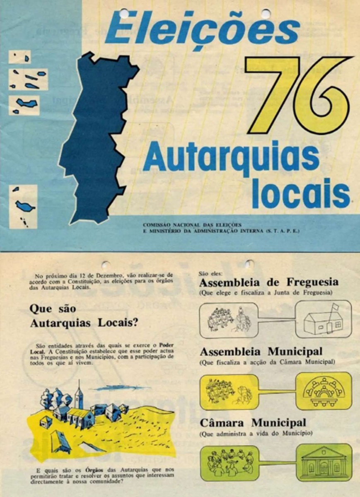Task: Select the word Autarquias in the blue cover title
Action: tap(231, 158)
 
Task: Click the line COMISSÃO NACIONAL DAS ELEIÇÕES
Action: tap(192, 225)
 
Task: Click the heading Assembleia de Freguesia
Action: tap(268, 282)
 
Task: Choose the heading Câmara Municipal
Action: tap(253, 423)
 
